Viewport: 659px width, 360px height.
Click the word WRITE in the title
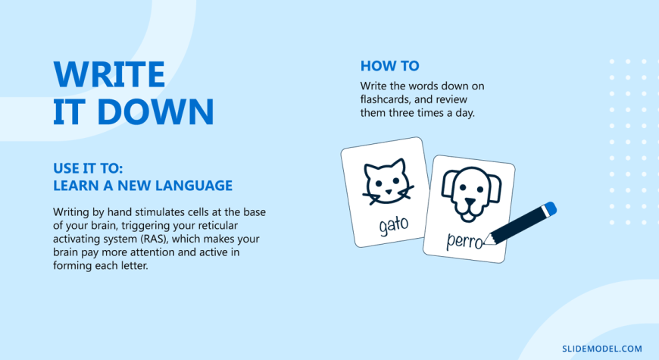coord(109,74)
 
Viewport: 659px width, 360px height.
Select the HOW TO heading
coord(389,66)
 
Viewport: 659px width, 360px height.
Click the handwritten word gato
coord(393,225)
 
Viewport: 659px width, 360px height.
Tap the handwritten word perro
coord(464,242)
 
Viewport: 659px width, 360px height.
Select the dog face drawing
coord(470,194)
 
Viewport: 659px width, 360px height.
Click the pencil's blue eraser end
coord(549,208)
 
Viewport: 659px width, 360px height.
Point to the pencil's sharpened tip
coord(486,243)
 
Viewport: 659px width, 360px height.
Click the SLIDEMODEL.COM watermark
coord(602,349)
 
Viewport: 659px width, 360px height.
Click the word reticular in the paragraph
coord(217,225)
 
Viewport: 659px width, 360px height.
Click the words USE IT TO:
coord(88,168)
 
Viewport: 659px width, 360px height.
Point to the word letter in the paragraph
coord(133,266)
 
